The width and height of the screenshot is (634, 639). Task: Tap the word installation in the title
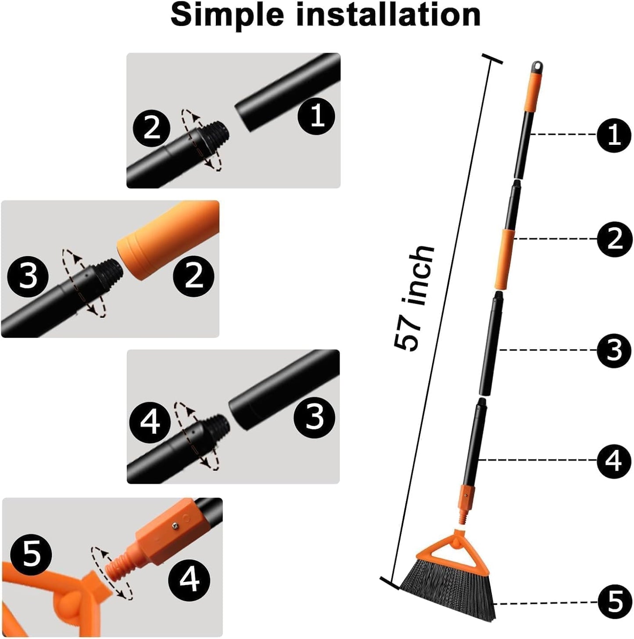[388, 15]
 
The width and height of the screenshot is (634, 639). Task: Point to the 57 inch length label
[414, 298]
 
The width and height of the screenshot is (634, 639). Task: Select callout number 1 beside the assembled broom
[614, 135]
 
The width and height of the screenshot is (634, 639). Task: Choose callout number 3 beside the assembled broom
[614, 350]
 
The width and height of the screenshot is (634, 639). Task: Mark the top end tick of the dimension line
[492, 59]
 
